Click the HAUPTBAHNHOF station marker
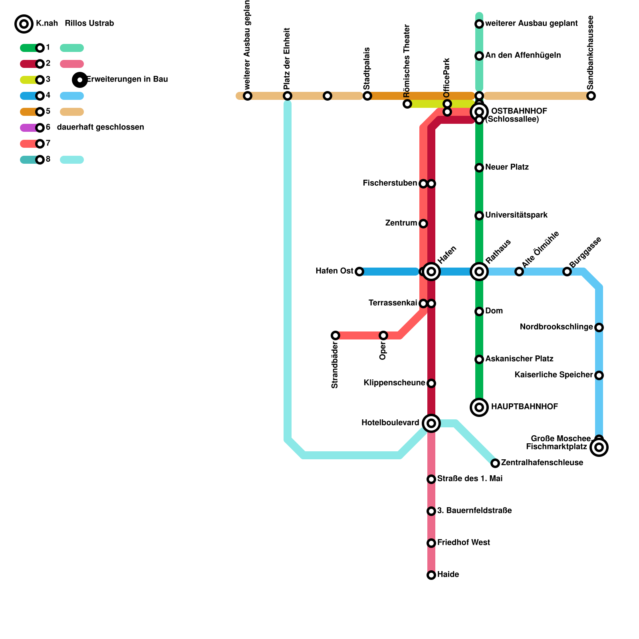click(x=479, y=407)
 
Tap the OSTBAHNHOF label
click(x=519, y=111)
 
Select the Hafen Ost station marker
click(x=359, y=272)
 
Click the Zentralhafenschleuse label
click(x=542, y=463)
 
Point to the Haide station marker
click(x=431, y=575)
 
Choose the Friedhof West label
click(x=463, y=543)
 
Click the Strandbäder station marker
click(x=335, y=335)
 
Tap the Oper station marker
click(x=383, y=335)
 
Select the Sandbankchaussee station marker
click(x=591, y=96)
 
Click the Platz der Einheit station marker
click(x=288, y=96)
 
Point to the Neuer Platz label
click(x=507, y=167)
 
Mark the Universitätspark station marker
click(x=479, y=216)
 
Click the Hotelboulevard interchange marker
click(x=431, y=423)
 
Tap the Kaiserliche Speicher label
click(x=554, y=375)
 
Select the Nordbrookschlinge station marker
click(x=599, y=327)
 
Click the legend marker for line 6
click(x=40, y=128)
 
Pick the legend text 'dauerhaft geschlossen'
click(x=100, y=127)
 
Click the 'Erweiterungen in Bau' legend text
click(x=127, y=79)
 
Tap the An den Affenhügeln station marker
click(x=479, y=56)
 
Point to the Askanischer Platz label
click(x=519, y=359)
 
